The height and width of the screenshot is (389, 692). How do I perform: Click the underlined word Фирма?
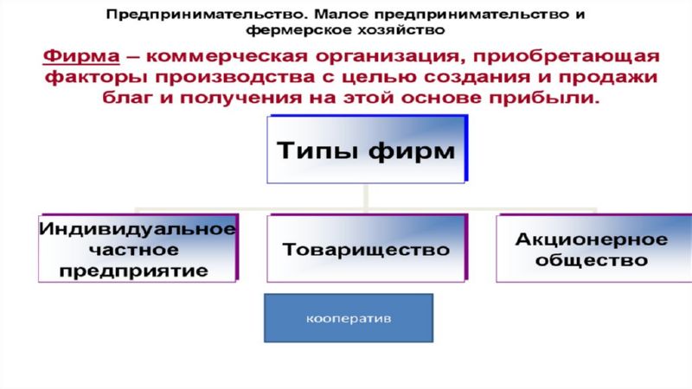pos(81,57)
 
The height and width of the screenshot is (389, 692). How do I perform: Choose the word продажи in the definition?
pos(608,77)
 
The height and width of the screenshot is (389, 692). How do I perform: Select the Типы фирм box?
pos(367,149)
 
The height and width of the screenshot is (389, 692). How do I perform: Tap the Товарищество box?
pos(367,248)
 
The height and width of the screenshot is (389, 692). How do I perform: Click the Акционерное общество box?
pos(594,248)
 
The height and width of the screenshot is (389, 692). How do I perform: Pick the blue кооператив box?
pos(349,318)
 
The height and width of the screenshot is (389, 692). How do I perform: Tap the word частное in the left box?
pos(134,250)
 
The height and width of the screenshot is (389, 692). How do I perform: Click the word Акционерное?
pos(592,239)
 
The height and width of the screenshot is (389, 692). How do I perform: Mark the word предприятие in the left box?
pos(134,271)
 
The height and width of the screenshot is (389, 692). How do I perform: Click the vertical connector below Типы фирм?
pos(366,196)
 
